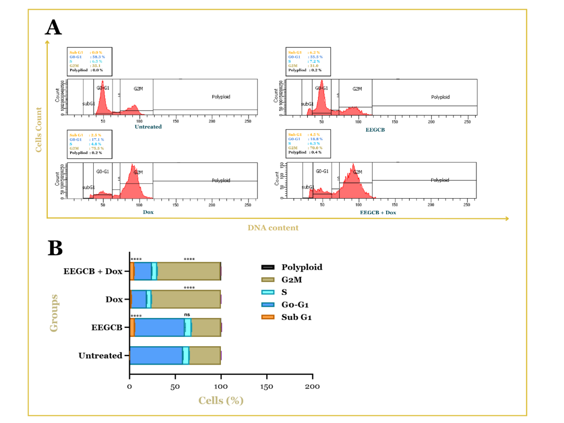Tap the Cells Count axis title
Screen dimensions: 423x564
[39, 130]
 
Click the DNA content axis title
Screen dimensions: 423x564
[273, 228]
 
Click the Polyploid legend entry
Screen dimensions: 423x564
[302, 267]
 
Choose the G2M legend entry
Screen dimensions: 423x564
[291, 279]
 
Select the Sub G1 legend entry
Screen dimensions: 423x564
[296, 317]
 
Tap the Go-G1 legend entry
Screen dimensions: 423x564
[295, 305]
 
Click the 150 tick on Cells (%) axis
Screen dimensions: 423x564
[267, 387]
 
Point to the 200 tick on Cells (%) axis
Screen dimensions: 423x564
[313, 387]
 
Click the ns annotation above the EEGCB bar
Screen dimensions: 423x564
[187, 315]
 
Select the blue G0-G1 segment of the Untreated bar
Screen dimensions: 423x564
[156, 355]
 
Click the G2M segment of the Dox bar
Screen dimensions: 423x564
[186, 299]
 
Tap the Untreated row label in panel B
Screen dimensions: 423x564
[100, 356]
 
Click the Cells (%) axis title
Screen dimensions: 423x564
[221, 401]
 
